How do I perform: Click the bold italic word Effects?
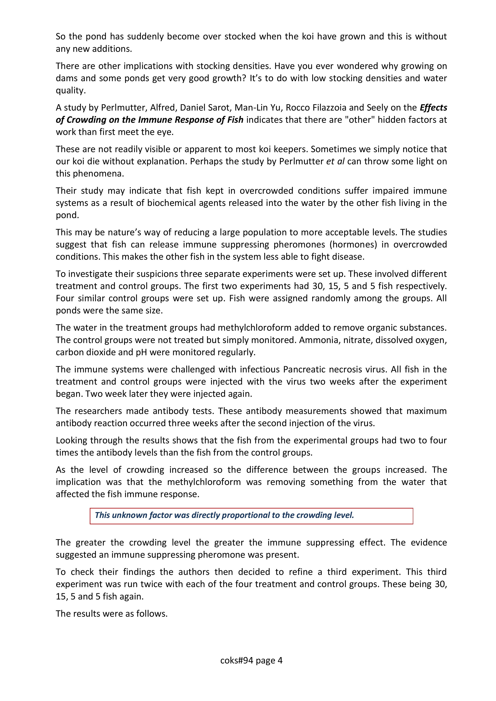433,108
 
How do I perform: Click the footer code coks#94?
237,661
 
